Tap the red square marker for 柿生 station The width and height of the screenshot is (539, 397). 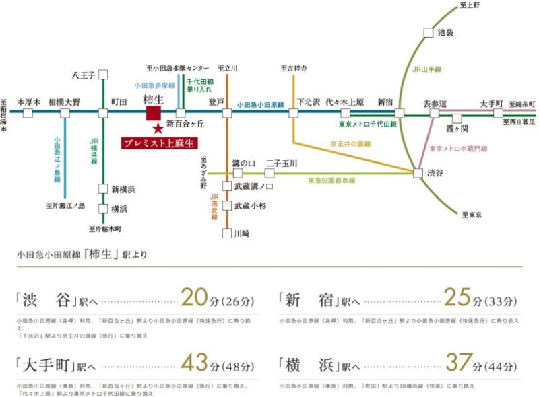tap(152, 113)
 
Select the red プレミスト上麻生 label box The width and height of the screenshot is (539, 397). tap(162, 143)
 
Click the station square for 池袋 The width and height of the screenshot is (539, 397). tap(429, 32)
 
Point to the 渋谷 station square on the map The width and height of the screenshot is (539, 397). tap(418, 173)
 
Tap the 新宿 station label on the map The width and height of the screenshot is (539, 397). tap(385, 102)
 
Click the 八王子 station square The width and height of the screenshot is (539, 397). tap(103, 75)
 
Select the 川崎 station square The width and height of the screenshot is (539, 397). tap(227, 234)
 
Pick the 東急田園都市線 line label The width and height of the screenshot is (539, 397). tap(331, 181)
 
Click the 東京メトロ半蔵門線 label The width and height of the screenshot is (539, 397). tap(458, 148)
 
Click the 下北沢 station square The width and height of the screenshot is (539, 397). tap(294, 113)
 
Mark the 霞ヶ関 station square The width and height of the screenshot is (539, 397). tap(457, 118)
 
